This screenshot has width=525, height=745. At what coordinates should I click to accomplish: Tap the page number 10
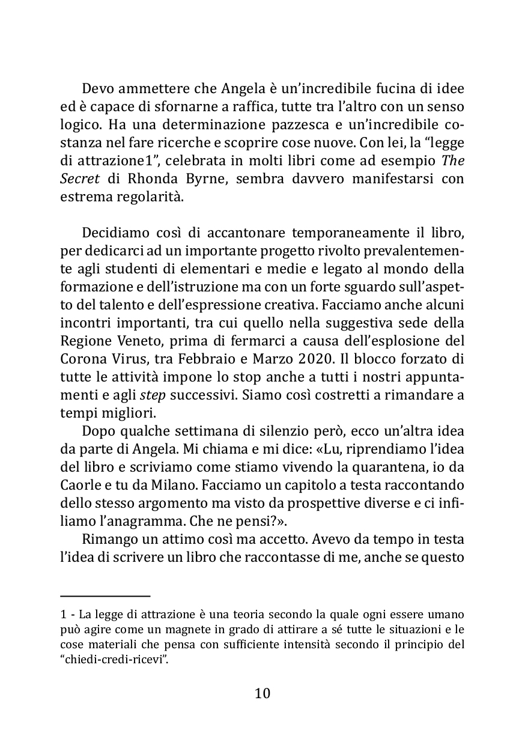click(262, 693)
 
